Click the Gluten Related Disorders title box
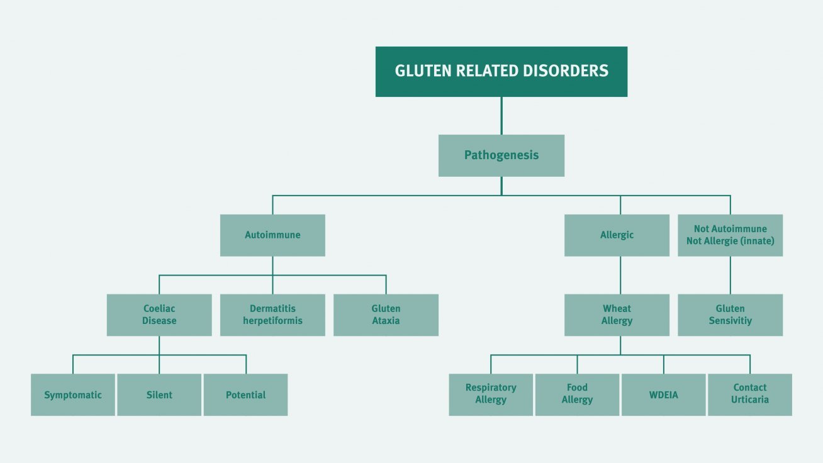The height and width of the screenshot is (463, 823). pyautogui.click(x=501, y=72)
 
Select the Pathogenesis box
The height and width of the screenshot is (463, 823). pyautogui.click(x=501, y=155)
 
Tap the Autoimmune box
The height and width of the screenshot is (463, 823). pyautogui.click(x=272, y=235)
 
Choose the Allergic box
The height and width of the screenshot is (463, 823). pyautogui.click(x=617, y=235)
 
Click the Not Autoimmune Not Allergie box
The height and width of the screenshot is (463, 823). pyautogui.click(x=730, y=235)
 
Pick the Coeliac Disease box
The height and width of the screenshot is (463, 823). pyautogui.click(x=159, y=315)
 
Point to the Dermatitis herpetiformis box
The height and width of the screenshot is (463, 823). pyautogui.click(x=272, y=315)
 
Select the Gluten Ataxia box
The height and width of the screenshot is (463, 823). pyautogui.click(x=386, y=315)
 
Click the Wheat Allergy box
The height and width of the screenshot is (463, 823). pyautogui.click(x=617, y=315)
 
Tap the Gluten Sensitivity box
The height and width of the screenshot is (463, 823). pyautogui.click(x=730, y=315)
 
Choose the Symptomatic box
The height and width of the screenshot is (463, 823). pyautogui.click(x=73, y=394)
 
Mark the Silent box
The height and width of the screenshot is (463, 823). pyautogui.click(x=159, y=394)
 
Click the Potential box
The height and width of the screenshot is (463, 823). pyautogui.click(x=246, y=394)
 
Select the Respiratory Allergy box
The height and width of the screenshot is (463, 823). pyautogui.click(x=491, y=394)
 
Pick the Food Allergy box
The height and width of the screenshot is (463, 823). pyautogui.click(x=577, y=394)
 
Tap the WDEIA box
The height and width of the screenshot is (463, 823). pyautogui.click(x=664, y=394)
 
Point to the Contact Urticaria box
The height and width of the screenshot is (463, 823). pyautogui.click(x=750, y=394)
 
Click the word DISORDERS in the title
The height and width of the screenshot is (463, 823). pyautogui.click(x=566, y=71)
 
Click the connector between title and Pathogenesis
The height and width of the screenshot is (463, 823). pyautogui.click(x=501, y=116)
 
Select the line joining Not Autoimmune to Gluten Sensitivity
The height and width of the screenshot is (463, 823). pyautogui.click(x=731, y=276)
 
